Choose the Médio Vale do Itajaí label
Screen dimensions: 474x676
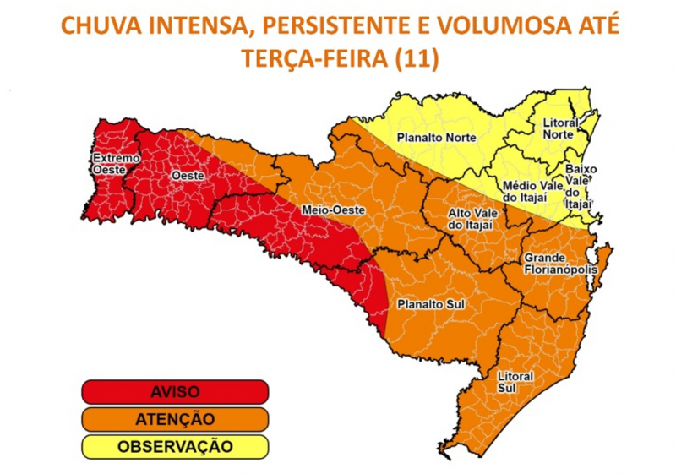532,191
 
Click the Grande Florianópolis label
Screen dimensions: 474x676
560,263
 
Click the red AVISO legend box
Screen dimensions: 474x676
175,392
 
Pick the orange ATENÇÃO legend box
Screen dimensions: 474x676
175,418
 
